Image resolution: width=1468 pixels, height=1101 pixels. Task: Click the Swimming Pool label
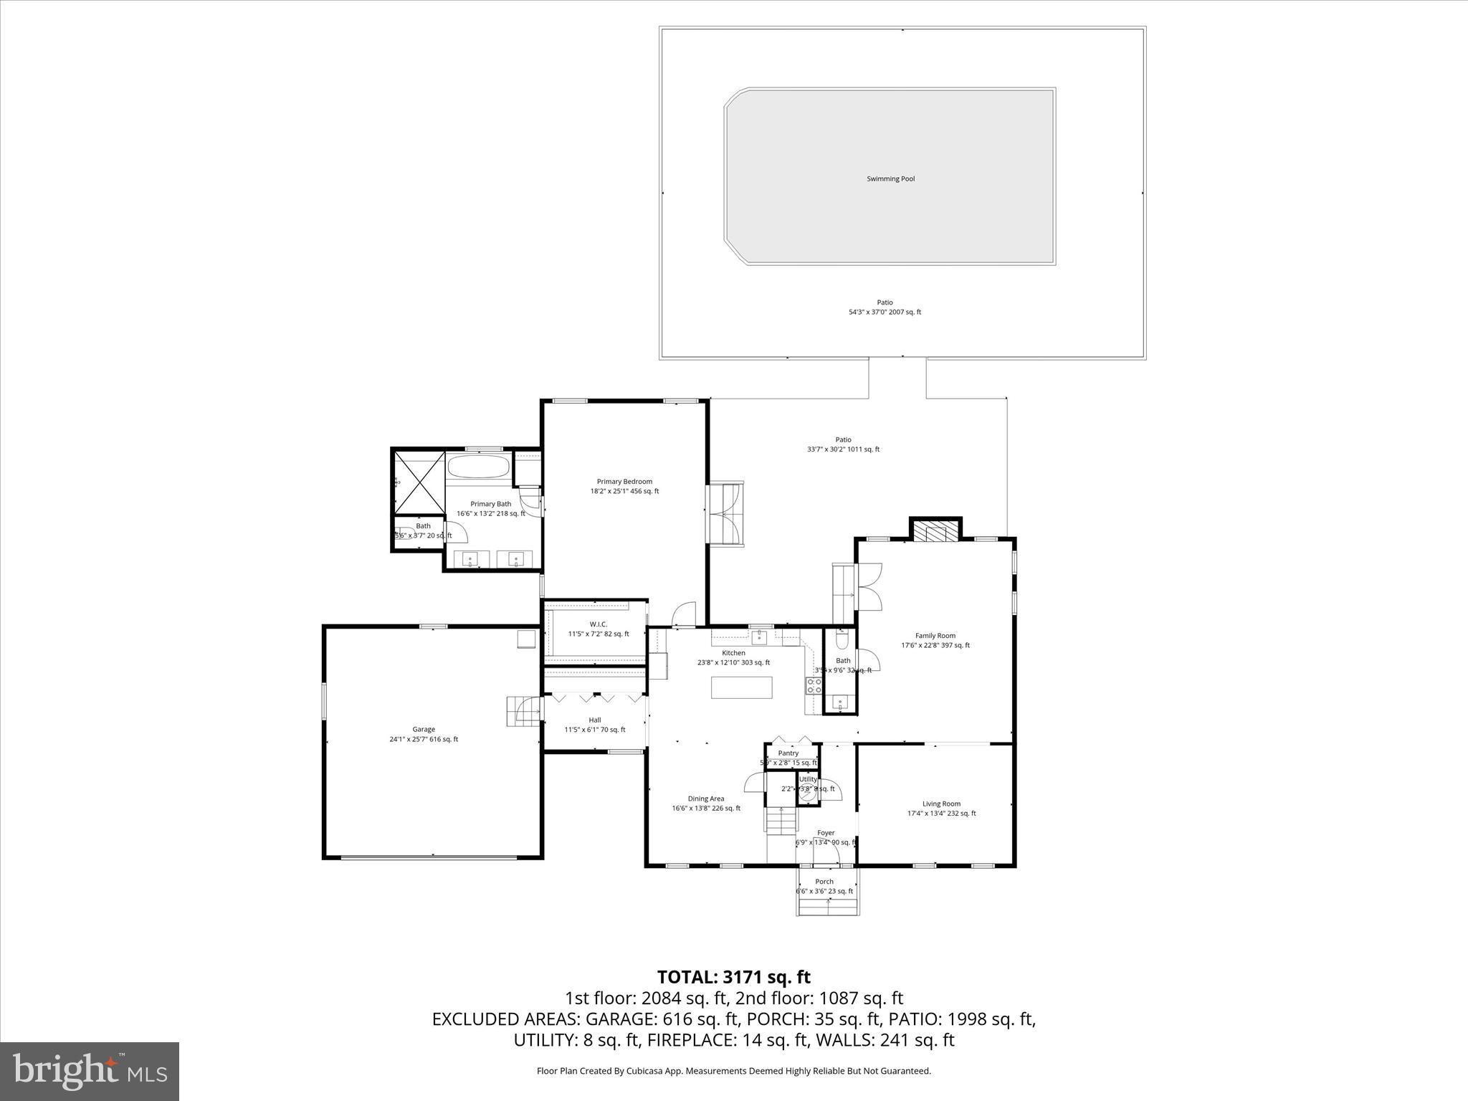[x=890, y=179]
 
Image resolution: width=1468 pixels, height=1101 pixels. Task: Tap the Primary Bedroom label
[x=624, y=482]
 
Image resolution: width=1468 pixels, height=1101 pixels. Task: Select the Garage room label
[x=423, y=730]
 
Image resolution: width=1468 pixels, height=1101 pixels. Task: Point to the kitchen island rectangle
[x=742, y=687]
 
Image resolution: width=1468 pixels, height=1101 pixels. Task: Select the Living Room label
[x=941, y=804]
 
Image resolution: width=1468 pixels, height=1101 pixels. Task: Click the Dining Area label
[x=706, y=799]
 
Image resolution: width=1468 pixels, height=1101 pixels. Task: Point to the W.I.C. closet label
[x=598, y=624]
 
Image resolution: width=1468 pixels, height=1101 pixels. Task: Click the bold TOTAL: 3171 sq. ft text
[x=733, y=977]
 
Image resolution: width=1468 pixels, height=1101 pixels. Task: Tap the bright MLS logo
[x=90, y=1071]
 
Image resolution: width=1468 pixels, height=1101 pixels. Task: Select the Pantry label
[x=788, y=753]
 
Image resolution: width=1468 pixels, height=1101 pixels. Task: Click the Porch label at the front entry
[x=824, y=882]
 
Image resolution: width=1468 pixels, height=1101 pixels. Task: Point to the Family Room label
[x=935, y=636]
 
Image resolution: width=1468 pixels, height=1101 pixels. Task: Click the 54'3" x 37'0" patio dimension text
[x=885, y=313]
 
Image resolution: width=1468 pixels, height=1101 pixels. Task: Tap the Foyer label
[x=826, y=833]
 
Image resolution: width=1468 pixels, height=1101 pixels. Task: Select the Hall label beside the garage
[x=594, y=720]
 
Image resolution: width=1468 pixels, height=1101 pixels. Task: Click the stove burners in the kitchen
[x=814, y=685]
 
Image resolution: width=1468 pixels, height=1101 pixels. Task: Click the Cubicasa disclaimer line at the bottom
[x=733, y=1071]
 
